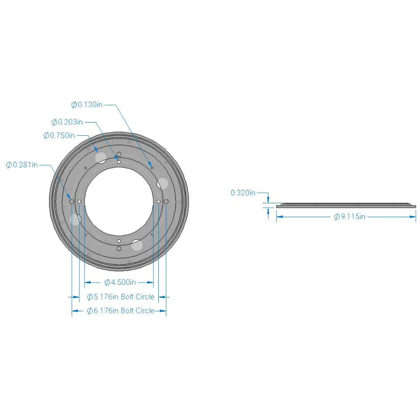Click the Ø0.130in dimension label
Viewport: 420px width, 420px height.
(87, 105)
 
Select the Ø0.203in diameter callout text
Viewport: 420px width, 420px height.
(67, 122)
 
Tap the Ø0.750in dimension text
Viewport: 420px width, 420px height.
(59, 135)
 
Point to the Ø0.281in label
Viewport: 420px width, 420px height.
(22, 165)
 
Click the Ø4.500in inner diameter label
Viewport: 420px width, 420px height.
(120, 282)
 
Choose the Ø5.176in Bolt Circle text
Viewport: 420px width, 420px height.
(121, 297)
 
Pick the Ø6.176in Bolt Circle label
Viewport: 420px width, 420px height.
(121, 311)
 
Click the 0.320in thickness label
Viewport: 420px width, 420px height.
(243, 193)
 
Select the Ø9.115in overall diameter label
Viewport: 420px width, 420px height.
(349, 216)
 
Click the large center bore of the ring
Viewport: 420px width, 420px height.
(119, 201)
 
